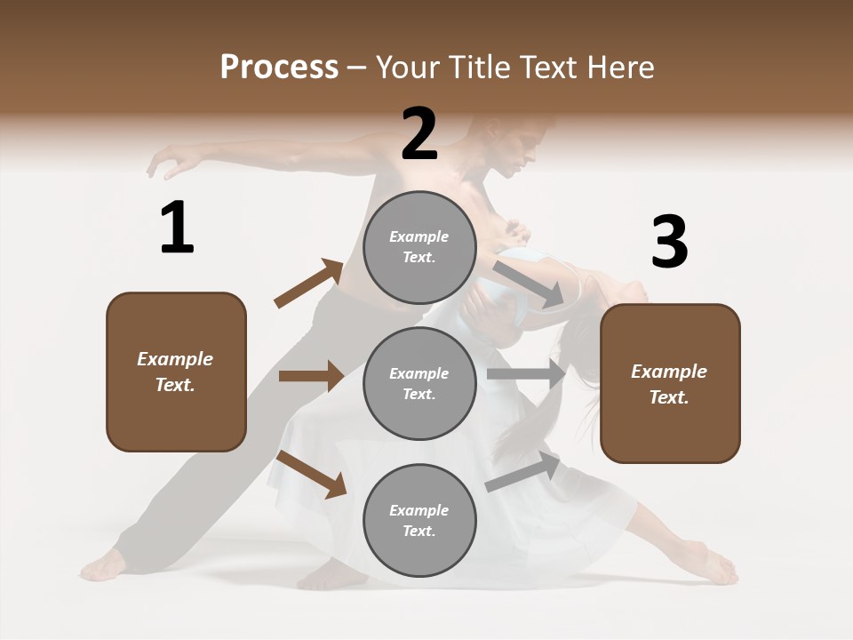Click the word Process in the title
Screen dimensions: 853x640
click(279, 67)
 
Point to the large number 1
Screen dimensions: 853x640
click(177, 228)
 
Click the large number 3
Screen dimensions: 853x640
click(669, 242)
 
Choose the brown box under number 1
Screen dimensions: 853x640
click(176, 372)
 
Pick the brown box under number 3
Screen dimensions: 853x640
click(670, 383)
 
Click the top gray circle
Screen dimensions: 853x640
click(419, 247)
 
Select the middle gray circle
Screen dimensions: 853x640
click(419, 383)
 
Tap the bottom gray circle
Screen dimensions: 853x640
click(419, 520)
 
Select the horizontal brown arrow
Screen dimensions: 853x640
click(311, 376)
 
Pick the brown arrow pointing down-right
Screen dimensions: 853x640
click(312, 474)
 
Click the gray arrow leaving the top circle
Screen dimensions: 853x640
click(530, 284)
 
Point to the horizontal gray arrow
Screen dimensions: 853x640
click(526, 374)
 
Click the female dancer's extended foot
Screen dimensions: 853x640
click(714, 567)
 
